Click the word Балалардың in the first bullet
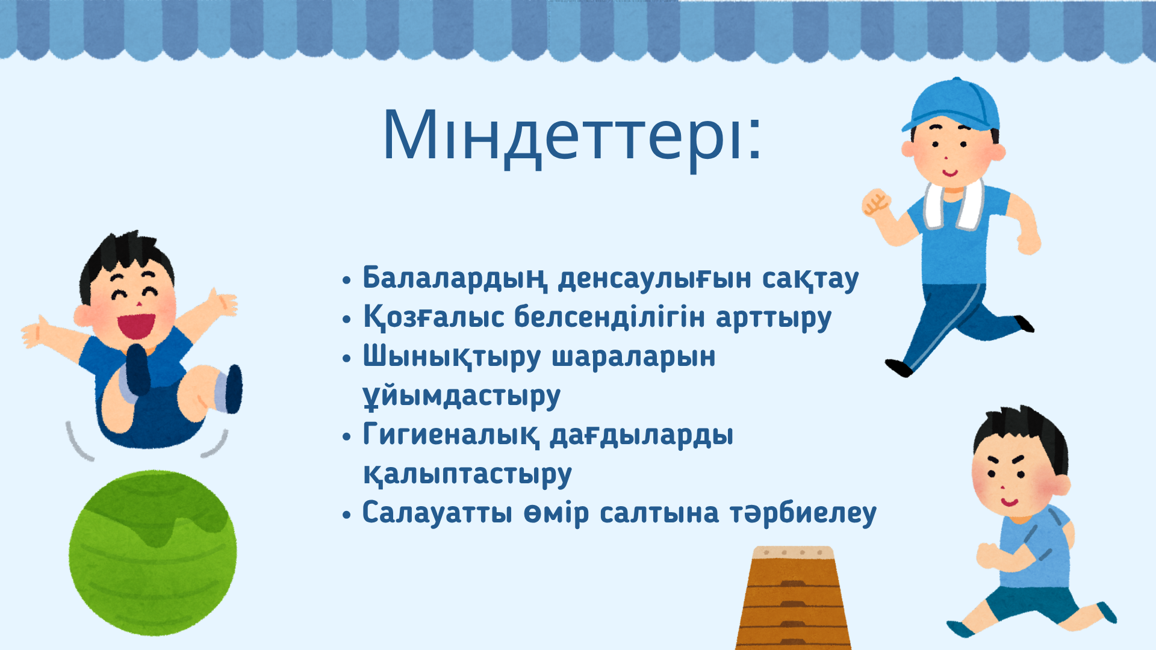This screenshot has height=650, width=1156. pyautogui.click(x=455, y=279)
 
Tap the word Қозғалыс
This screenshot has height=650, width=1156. pyautogui.click(x=433, y=317)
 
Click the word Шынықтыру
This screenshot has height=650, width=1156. pyautogui.click(x=452, y=357)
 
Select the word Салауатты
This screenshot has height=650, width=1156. pyautogui.click(x=438, y=513)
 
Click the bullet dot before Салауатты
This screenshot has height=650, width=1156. pyautogui.click(x=346, y=515)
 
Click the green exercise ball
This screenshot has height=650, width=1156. pyautogui.click(x=153, y=552)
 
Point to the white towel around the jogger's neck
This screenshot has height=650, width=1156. pyautogui.click(x=955, y=205)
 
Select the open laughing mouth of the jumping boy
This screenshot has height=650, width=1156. pyautogui.click(x=136, y=326)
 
